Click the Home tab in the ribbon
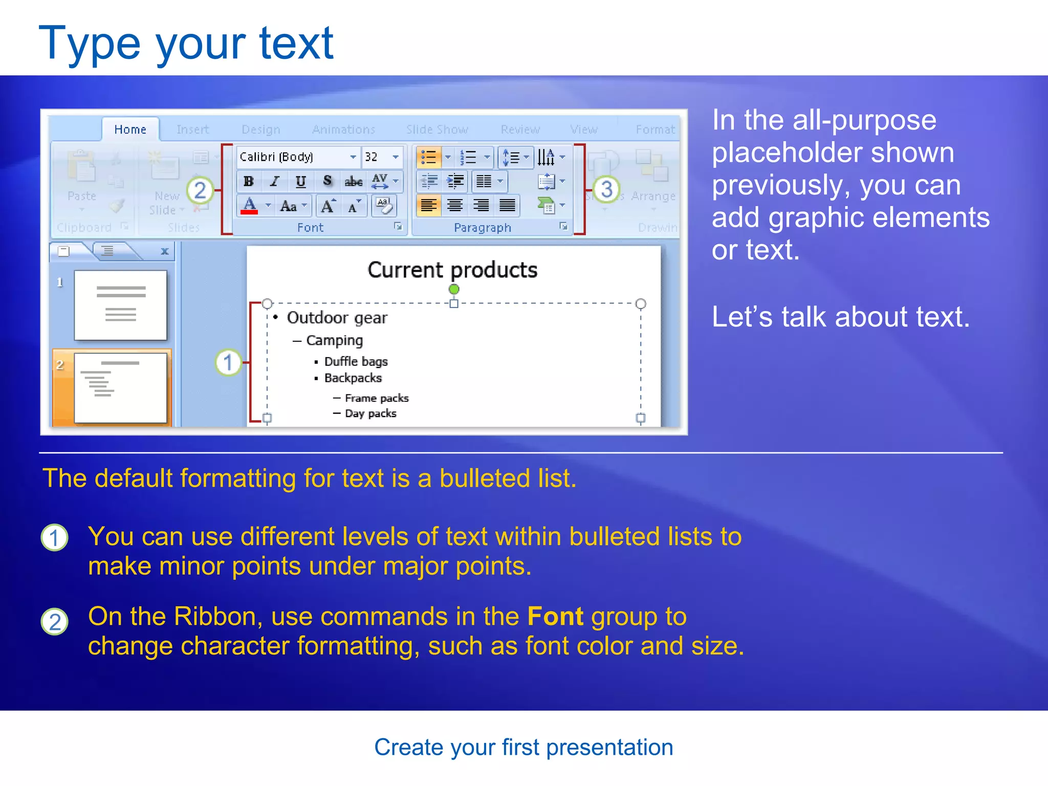click(130, 129)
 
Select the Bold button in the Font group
click(249, 181)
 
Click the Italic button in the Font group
click(275, 181)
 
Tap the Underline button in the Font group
click(301, 181)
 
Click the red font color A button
click(249, 206)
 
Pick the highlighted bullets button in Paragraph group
click(428, 157)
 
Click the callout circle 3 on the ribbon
click(606, 189)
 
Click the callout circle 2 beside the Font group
click(200, 190)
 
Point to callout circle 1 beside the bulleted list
click(228, 363)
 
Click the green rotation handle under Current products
click(454, 290)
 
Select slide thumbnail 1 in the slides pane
click(121, 305)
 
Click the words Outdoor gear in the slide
click(337, 318)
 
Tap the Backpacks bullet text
click(353, 378)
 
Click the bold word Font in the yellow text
click(555, 616)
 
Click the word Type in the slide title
click(90, 44)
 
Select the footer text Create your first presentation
click(523, 747)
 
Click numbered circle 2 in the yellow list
click(55, 622)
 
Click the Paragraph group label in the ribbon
click(483, 228)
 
